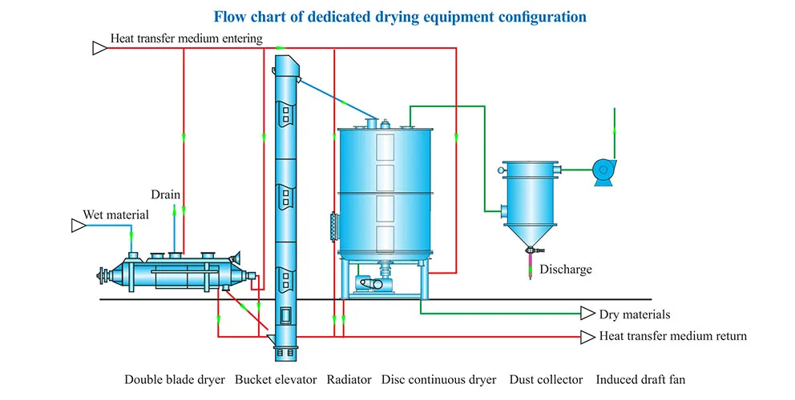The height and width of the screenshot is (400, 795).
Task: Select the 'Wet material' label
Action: click(116, 214)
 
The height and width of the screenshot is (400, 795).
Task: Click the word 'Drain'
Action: click(166, 194)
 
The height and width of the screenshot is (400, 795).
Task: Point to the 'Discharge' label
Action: click(566, 270)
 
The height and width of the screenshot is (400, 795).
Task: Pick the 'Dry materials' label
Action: click(635, 314)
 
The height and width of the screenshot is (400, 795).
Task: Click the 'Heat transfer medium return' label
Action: click(673, 336)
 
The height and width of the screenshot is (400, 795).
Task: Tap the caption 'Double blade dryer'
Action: click(175, 379)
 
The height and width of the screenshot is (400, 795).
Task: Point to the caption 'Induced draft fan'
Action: click(640, 379)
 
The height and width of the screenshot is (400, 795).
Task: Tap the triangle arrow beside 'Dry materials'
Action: click(585, 314)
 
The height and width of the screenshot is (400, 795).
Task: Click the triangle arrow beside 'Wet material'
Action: click(78, 226)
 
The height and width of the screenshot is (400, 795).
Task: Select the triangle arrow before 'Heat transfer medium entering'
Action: click(99, 49)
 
